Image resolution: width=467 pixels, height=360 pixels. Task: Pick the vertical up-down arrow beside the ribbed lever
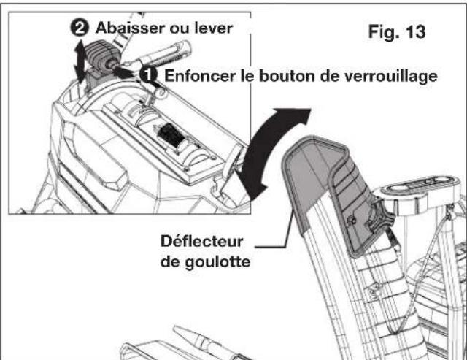coord(78,63)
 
